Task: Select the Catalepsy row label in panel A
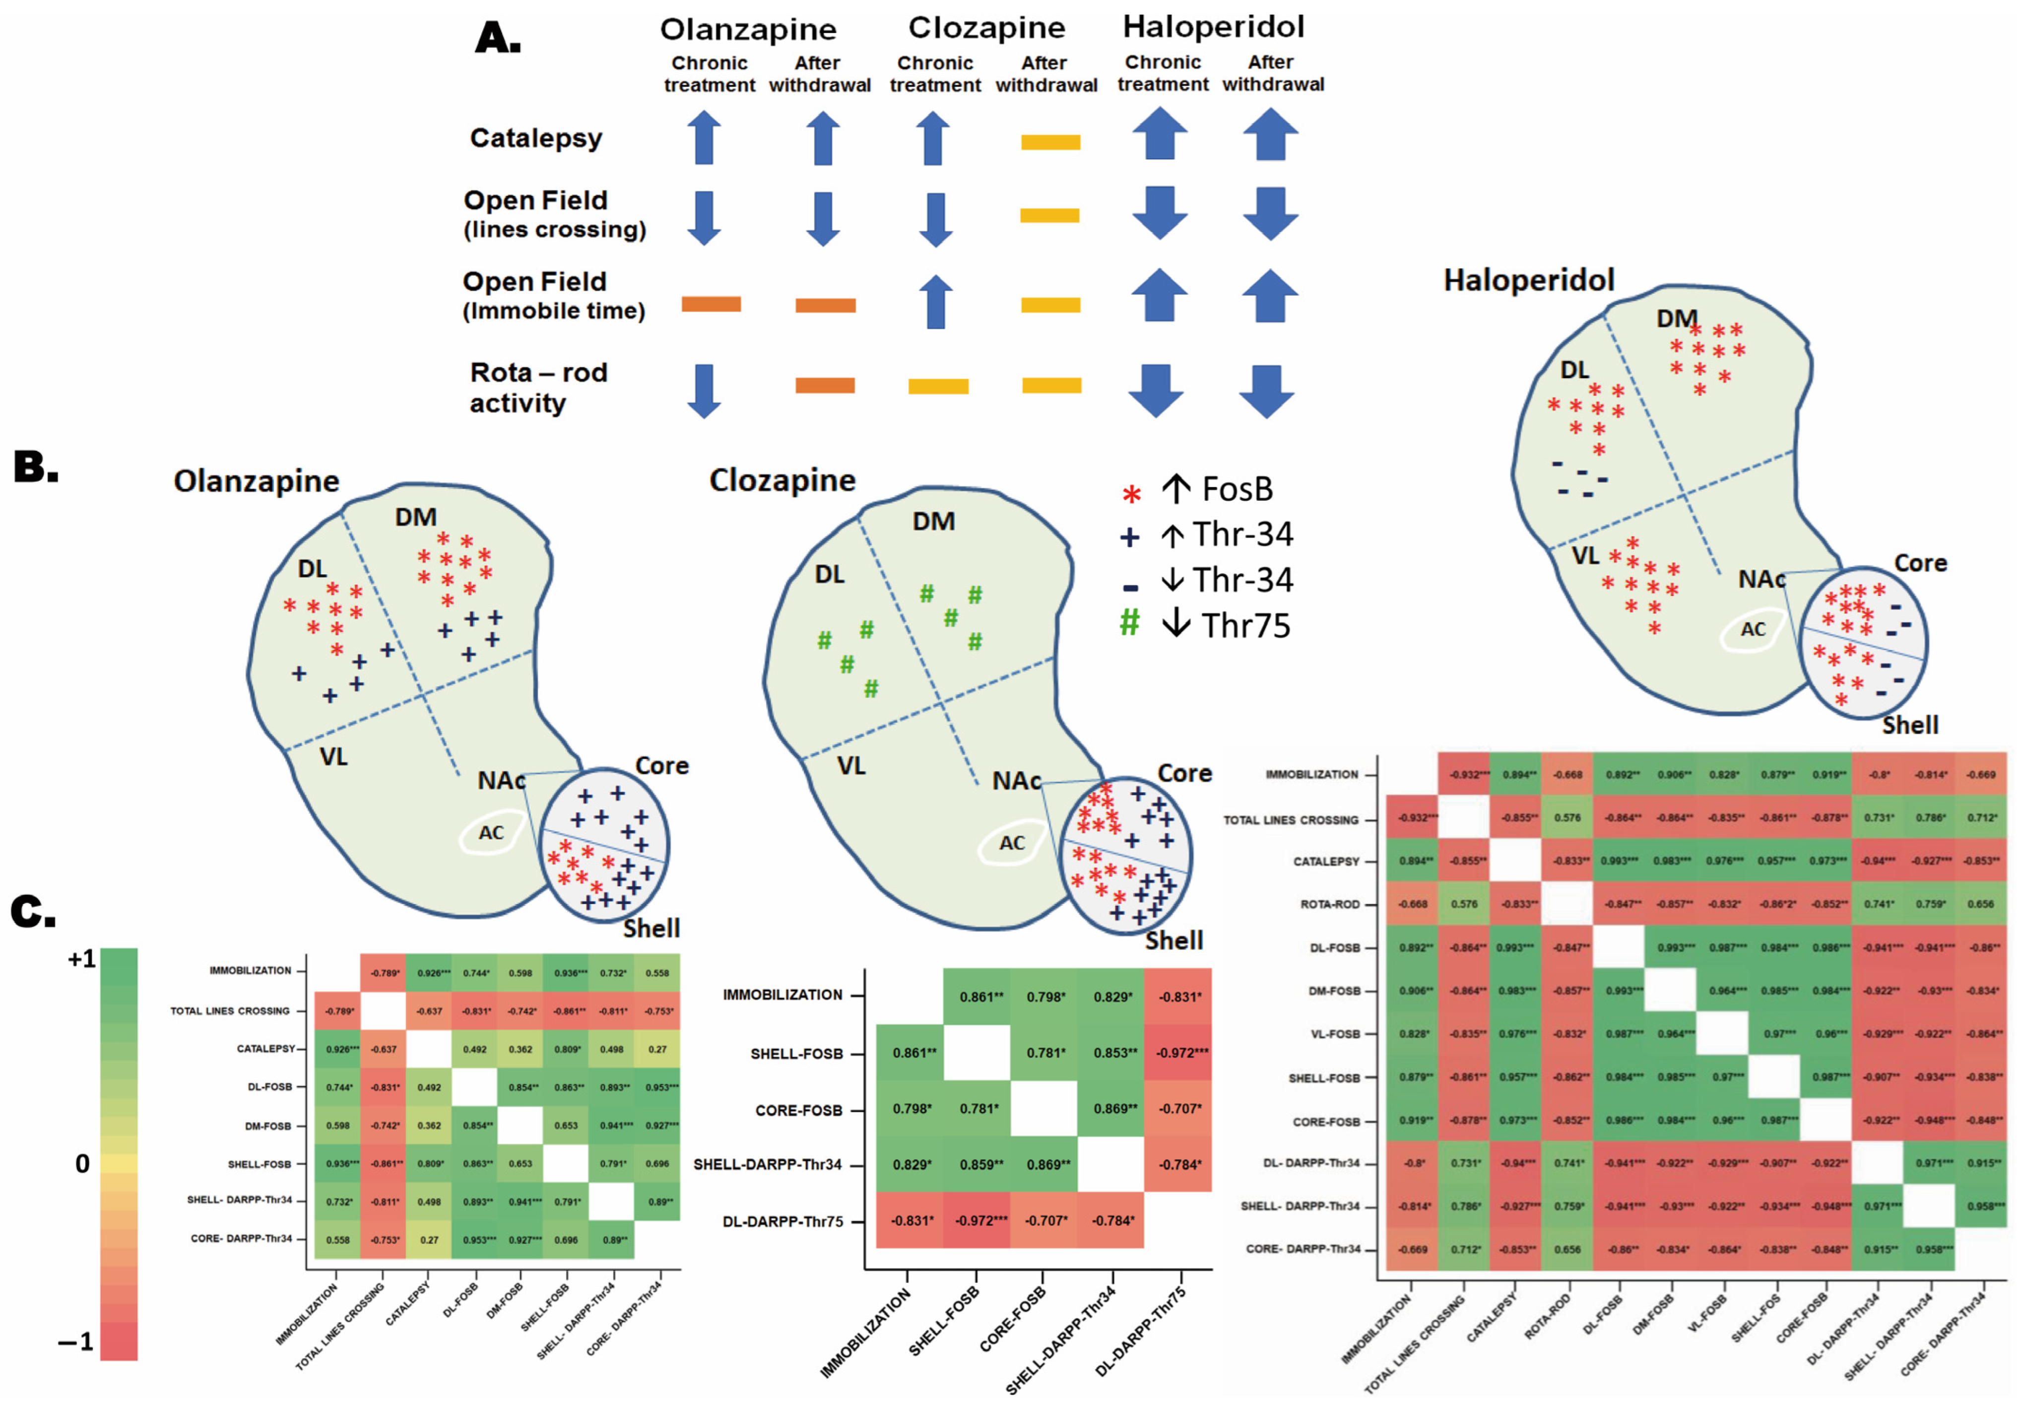pos(536,138)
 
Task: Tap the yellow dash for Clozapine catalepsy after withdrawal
pos(1050,142)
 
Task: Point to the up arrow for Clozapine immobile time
pos(935,302)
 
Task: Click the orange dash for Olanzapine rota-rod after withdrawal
pos(825,385)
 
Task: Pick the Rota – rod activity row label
pos(537,387)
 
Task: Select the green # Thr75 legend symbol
pos(1129,623)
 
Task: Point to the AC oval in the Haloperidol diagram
pos(1752,629)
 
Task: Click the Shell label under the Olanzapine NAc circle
pos(651,928)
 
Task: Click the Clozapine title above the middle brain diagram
pos(782,480)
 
